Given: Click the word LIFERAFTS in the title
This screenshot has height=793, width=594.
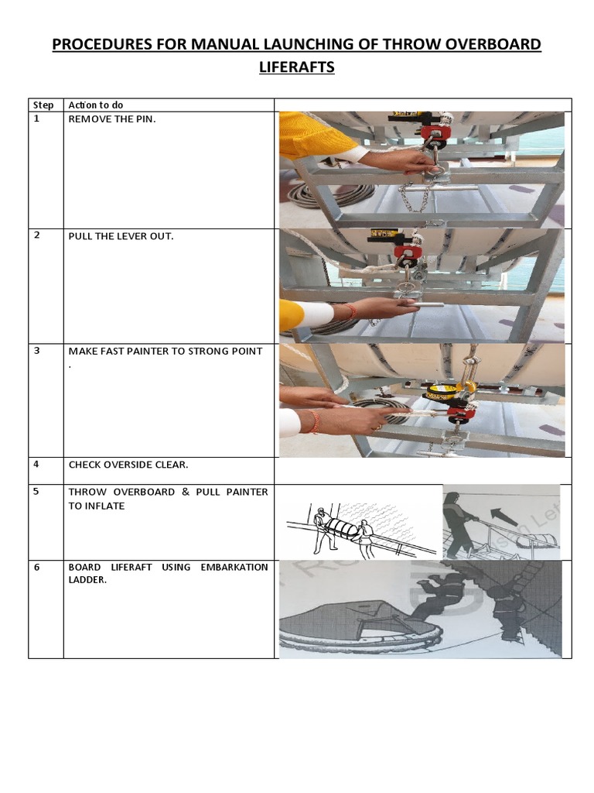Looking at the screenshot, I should tap(296, 67).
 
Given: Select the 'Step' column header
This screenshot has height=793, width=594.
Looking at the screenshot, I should tap(43, 105).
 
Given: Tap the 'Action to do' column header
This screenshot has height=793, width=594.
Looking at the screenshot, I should tap(96, 105).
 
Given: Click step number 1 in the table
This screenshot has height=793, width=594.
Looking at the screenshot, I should tap(36, 119).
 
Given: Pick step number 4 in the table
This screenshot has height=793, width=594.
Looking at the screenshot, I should tap(36, 465).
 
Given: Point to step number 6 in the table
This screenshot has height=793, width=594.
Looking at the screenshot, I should tap(36, 568).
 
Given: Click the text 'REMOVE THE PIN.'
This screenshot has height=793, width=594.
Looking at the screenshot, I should tap(112, 119).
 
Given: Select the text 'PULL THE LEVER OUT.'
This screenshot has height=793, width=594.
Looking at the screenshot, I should tap(121, 236).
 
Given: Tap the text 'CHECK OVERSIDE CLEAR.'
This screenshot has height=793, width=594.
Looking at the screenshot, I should tap(128, 465).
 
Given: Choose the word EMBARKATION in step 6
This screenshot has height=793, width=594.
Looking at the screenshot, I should tap(234, 568).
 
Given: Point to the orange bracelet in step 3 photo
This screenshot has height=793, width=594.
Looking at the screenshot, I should tap(313, 421).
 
